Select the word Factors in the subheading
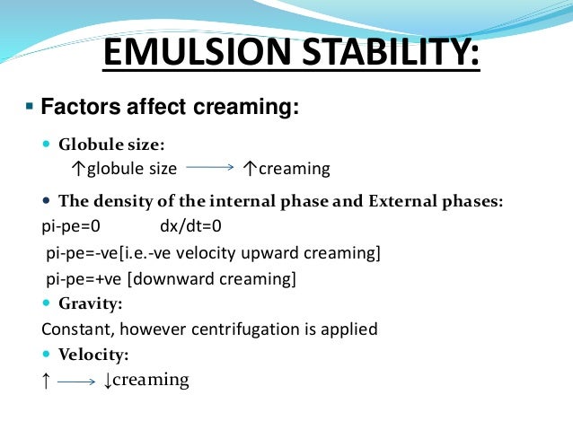pyautogui.click(x=84, y=110)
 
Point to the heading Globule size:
pyautogui.click(x=111, y=145)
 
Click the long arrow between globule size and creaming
pyautogui.click(x=210, y=168)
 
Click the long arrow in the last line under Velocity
pyautogui.click(x=76, y=382)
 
